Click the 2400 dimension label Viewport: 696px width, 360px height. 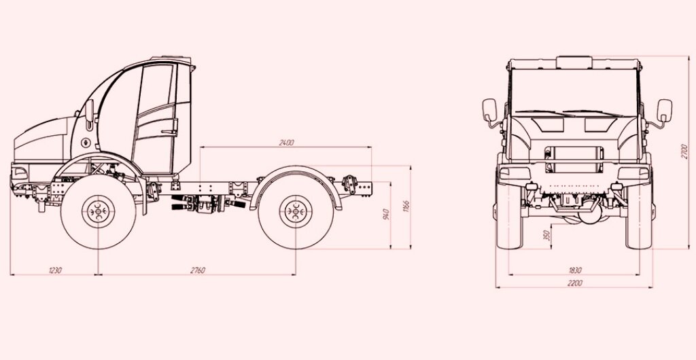pyautogui.click(x=286, y=143)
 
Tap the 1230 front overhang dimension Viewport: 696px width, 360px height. pyautogui.click(x=55, y=270)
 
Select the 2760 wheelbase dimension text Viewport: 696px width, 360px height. pyautogui.click(x=198, y=270)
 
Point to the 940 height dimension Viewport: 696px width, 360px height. pyautogui.click(x=386, y=214)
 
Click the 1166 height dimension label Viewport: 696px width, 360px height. pyautogui.click(x=406, y=206)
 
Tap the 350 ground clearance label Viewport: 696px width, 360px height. pyautogui.click(x=547, y=235)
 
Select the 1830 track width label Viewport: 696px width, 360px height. pyautogui.click(x=574, y=270)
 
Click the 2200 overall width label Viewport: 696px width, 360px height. pyautogui.click(x=574, y=283)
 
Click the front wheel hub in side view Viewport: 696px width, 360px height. pyautogui.click(x=98, y=211)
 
